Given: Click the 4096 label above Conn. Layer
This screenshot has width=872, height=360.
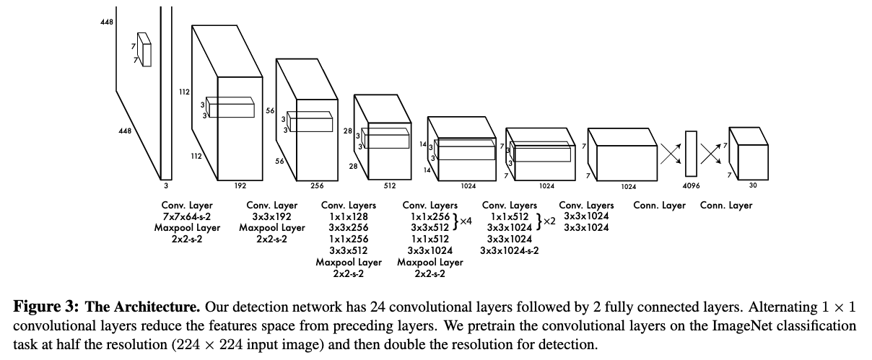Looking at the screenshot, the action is tap(691, 185).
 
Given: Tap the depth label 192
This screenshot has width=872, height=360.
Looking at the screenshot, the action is tap(240, 185).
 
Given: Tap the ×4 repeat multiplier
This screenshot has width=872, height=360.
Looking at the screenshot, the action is tap(466, 221).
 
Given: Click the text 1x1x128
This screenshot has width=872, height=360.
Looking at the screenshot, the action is tap(349, 216).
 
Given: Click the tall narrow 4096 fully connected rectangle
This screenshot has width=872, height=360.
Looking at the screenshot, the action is tap(691, 153).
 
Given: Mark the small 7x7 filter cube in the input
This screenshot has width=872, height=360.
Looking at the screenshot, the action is tap(145, 50).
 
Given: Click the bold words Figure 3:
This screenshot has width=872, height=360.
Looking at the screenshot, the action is tap(41, 306).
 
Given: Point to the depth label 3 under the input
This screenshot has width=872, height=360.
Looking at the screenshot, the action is tap(165, 185).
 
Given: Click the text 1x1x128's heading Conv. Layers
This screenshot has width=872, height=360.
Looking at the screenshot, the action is tap(349, 206).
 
